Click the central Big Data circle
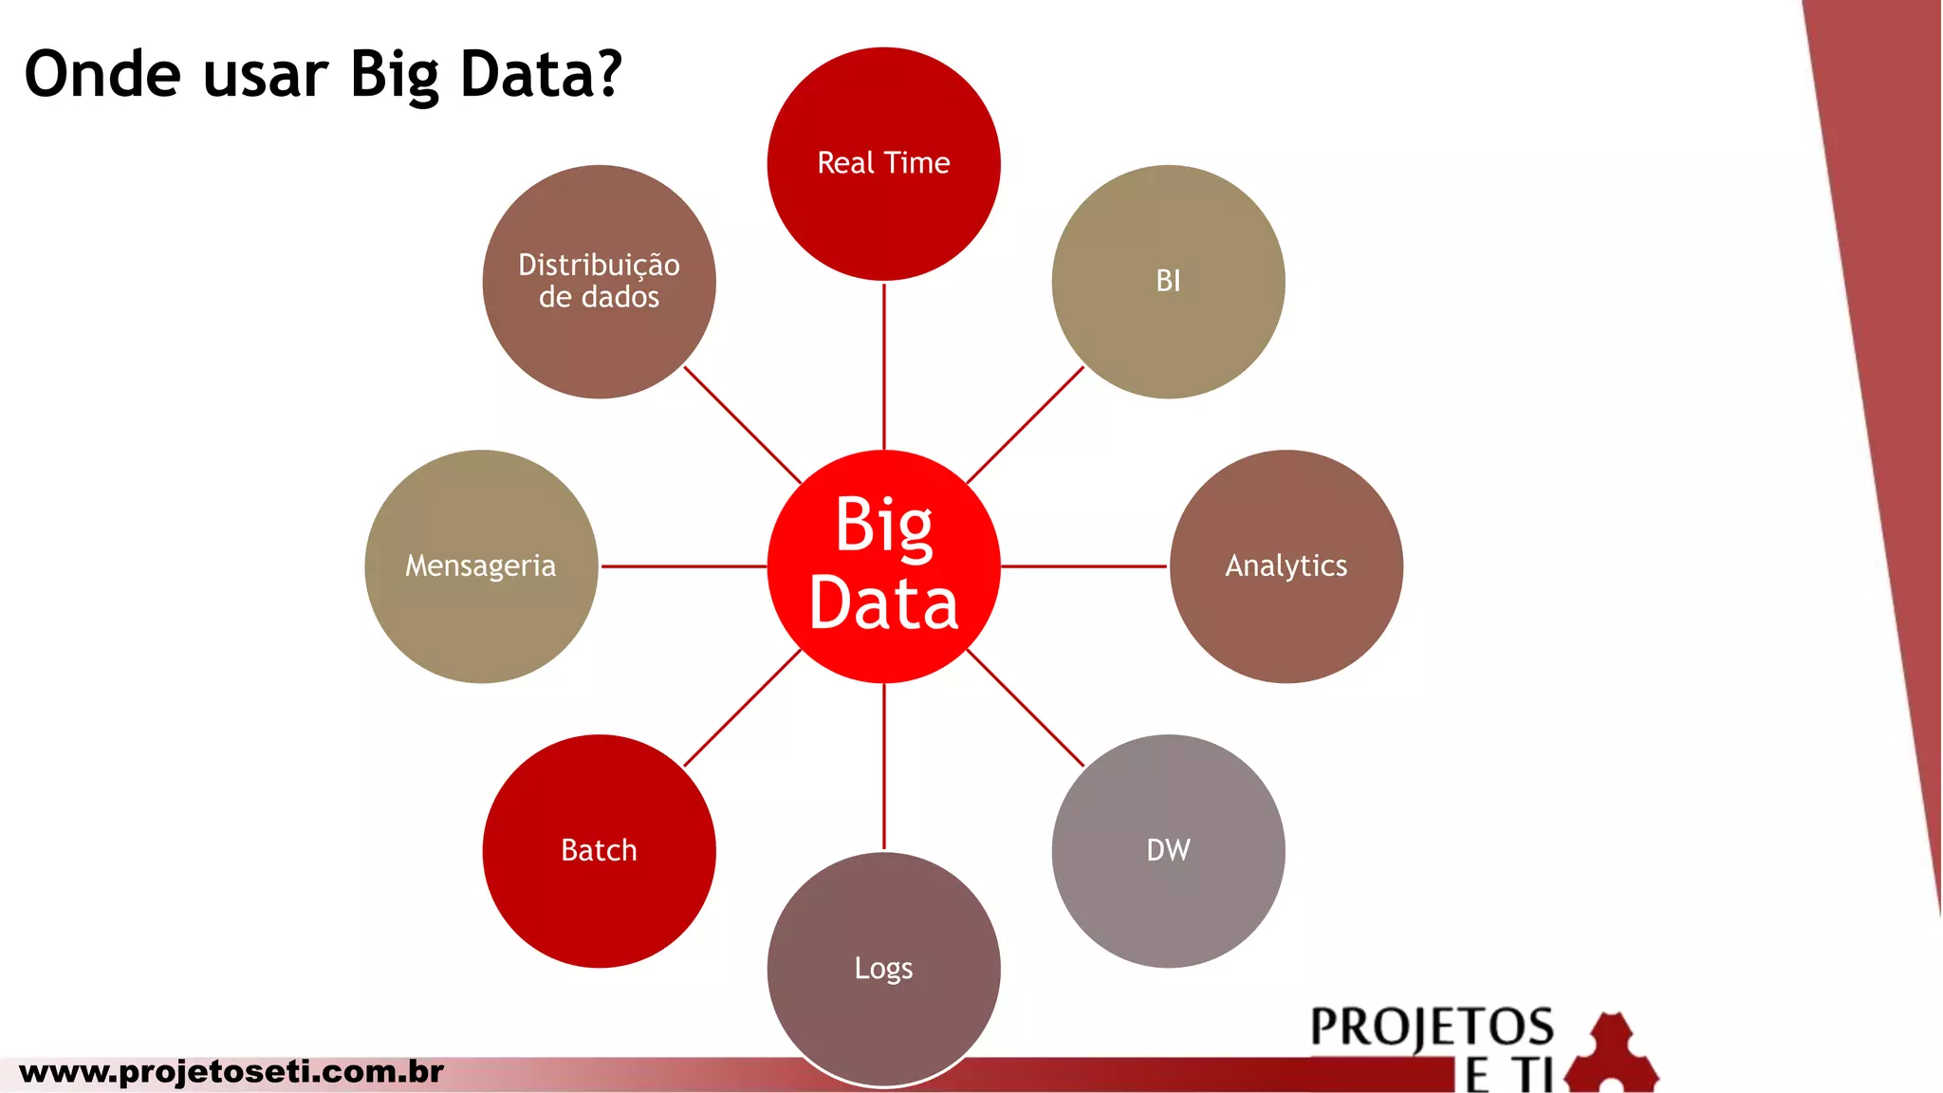pyautogui.click(x=883, y=565)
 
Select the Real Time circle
pyautogui.click(x=883, y=163)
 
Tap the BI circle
pyautogui.click(x=1168, y=281)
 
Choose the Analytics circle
pyautogui.click(x=1286, y=565)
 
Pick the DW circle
pyautogui.click(x=1168, y=850)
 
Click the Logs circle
pyautogui.click(x=883, y=968)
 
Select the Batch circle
pyautogui.click(x=599, y=850)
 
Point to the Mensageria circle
pyautogui.click(x=481, y=565)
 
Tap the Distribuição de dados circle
pyautogui.click(x=599, y=281)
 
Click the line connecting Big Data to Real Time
pyautogui.click(x=884, y=365)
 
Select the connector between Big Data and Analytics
pyautogui.click(x=1084, y=566)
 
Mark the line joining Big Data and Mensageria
pyautogui.click(x=683, y=566)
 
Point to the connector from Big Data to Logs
pyautogui.click(x=884, y=767)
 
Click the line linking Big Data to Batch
pyautogui.click(x=742, y=708)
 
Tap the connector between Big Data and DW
pyautogui.click(x=1026, y=708)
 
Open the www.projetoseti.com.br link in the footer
pyautogui.click(x=231, y=1072)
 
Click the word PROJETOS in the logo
pyautogui.click(x=1432, y=1028)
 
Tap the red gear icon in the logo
pyautogui.click(x=1612, y=1052)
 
